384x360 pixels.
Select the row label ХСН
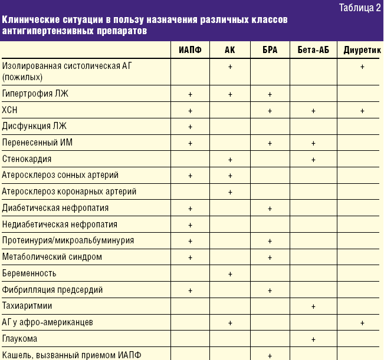[x=10, y=110]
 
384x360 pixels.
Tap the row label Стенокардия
[x=27, y=159]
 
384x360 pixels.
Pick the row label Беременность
[x=29, y=273]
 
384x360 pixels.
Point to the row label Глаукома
[x=19, y=339]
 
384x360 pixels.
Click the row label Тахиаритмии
[x=27, y=306]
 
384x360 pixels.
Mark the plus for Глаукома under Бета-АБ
[x=313, y=339]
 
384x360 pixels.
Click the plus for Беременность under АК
[x=230, y=273]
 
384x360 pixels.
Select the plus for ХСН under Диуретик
[x=362, y=110]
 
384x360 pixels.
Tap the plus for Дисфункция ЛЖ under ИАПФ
[x=190, y=127]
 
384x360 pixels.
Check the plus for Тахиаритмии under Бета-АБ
[x=313, y=306]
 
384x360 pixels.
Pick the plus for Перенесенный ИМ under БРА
[x=270, y=143]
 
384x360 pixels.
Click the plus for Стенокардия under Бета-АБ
[x=313, y=159]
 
